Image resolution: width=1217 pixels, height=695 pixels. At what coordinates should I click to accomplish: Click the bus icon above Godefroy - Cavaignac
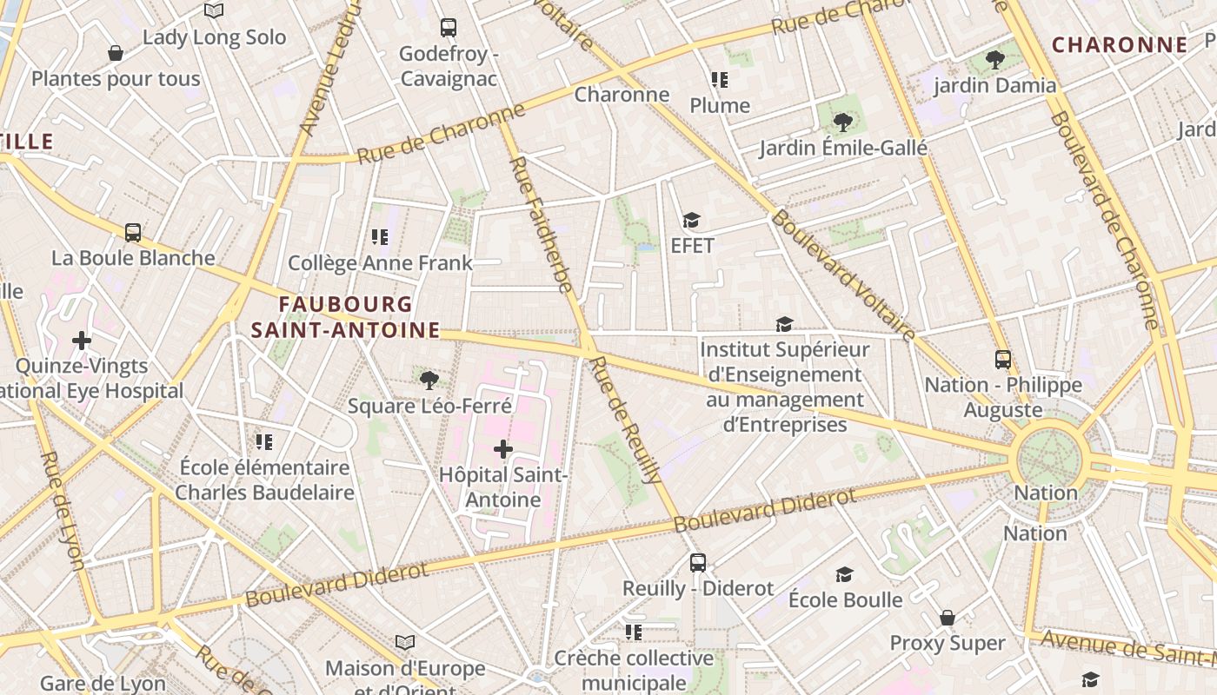[x=449, y=28]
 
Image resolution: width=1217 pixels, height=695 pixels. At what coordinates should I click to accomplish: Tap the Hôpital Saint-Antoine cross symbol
[x=503, y=449]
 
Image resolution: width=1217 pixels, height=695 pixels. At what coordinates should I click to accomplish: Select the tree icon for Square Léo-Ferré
[x=429, y=380]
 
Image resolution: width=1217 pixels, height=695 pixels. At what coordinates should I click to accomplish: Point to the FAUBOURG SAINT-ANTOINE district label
[x=346, y=317]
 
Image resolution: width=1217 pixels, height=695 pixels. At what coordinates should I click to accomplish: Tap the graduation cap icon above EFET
[x=692, y=221]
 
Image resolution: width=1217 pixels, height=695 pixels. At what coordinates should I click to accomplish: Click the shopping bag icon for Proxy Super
[x=948, y=618]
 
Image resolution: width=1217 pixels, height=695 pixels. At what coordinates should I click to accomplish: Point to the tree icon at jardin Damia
[x=995, y=60]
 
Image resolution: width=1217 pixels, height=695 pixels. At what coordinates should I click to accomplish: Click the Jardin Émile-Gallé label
[x=843, y=149]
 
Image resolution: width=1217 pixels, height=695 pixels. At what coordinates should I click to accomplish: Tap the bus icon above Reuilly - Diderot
[x=698, y=562]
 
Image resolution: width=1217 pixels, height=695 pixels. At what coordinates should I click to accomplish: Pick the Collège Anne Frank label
[x=380, y=262]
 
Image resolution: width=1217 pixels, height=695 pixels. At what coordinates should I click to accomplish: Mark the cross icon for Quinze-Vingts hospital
[x=82, y=340]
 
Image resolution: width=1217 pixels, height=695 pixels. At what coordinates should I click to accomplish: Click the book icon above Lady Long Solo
[x=214, y=11]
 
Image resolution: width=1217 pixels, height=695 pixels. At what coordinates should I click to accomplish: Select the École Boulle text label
[x=845, y=599]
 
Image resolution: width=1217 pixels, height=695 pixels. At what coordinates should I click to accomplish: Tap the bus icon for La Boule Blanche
[x=133, y=233]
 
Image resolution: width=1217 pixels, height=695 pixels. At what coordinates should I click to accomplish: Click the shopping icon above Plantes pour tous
[x=116, y=54]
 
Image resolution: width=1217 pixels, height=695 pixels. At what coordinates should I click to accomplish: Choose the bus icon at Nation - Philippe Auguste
[x=1003, y=360]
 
